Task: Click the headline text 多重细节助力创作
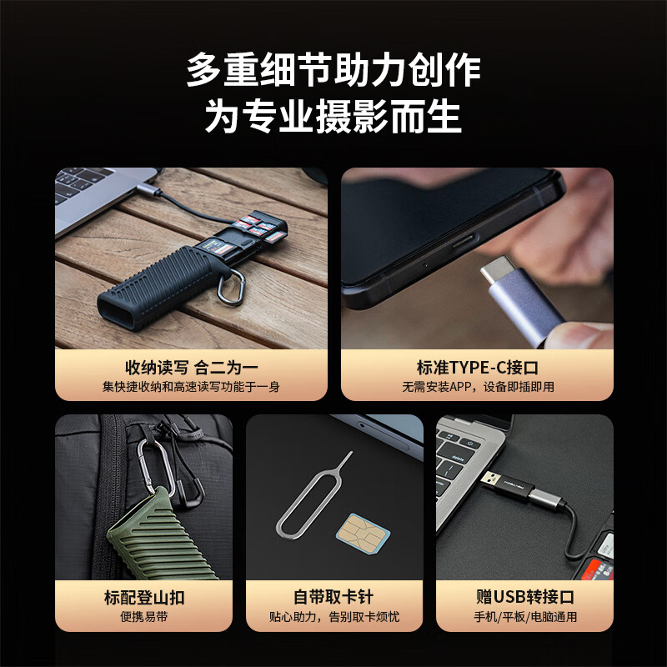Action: [x=333, y=70]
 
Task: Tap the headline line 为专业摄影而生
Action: [x=333, y=118]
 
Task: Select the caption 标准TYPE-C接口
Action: [x=476, y=368]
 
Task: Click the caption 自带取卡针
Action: [x=333, y=597]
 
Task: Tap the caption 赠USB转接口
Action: [x=524, y=597]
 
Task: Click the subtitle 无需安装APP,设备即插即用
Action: [x=476, y=387]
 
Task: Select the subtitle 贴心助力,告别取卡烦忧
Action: [x=333, y=617]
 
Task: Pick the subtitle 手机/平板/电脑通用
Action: [x=524, y=617]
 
